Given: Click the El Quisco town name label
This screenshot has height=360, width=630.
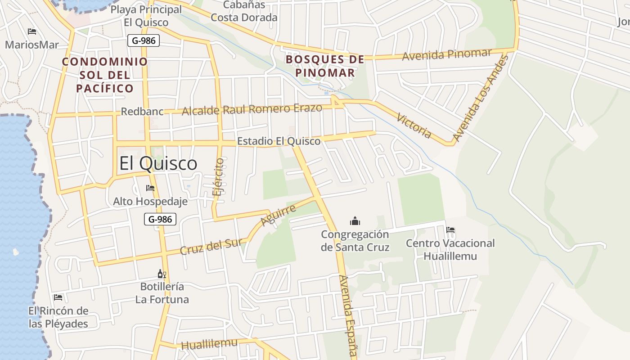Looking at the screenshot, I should (158, 163).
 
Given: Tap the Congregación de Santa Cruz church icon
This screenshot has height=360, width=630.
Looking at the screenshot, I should (355, 221).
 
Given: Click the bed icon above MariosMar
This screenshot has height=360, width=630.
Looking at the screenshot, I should (32, 31).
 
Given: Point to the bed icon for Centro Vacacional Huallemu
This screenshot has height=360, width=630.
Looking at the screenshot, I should (450, 230).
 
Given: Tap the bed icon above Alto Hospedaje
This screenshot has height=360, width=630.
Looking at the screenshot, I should (150, 188).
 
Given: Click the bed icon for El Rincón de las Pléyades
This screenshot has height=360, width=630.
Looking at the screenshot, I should (58, 297).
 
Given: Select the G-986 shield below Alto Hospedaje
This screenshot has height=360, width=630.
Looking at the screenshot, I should (160, 219).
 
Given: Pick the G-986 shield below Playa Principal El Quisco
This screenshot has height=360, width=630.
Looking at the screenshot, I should (144, 40).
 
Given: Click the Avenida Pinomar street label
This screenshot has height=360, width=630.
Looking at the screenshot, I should (447, 54).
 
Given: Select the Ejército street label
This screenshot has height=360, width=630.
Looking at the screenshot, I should (219, 177).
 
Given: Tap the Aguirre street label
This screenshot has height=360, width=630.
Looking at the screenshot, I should (279, 215).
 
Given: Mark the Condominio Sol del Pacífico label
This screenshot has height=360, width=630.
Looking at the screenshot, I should (105, 75).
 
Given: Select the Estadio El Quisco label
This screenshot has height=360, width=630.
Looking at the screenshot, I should (279, 141).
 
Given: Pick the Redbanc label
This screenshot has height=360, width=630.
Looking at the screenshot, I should (142, 111).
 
